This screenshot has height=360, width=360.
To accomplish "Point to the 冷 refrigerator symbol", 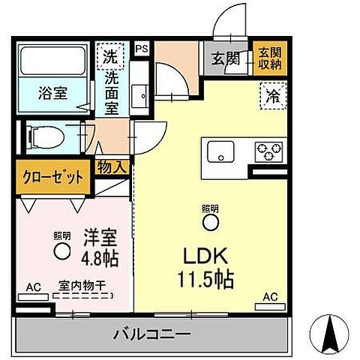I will click(x=271, y=95).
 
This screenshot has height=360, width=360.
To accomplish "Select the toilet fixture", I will click(x=46, y=136).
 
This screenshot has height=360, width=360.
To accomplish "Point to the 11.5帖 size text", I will click(x=205, y=280).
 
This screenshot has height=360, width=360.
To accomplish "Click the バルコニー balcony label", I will click(x=152, y=332).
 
